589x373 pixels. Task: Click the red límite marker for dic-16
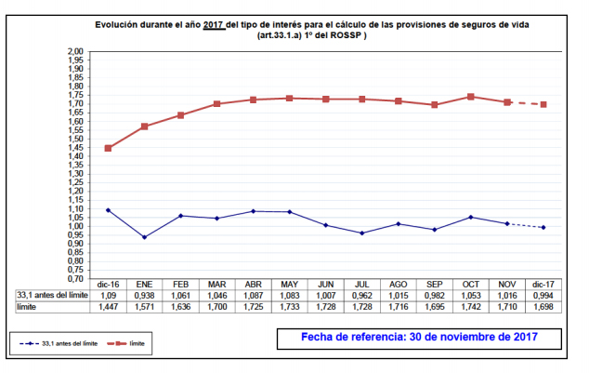109,148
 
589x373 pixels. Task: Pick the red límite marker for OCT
471,97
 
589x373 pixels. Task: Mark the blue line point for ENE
144,237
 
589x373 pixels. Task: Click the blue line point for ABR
254,211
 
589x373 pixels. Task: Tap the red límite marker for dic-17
543,104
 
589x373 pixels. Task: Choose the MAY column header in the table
290,284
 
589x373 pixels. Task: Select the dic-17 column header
543,284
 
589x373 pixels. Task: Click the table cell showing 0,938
144,295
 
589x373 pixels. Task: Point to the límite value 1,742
471,306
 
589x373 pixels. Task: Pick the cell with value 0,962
362,295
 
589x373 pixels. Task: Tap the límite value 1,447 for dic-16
109,306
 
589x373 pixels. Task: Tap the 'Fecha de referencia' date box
419,336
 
